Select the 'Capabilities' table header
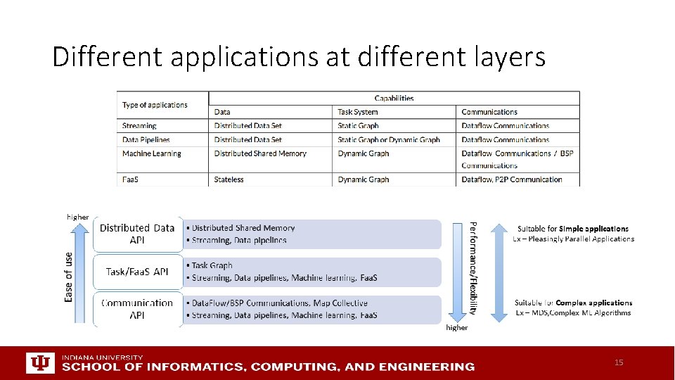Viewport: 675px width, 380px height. [x=394, y=99]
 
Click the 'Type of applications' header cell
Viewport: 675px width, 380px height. [x=155, y=105]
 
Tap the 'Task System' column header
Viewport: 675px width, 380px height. [x=358, y=112]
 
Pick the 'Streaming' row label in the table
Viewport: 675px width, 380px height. [x=139, y=126]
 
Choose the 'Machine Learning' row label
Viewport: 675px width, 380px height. [x=151, y=153]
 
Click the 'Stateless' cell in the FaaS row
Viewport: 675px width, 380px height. [x=229, y=179]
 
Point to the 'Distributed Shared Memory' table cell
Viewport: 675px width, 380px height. [x=260, y=153]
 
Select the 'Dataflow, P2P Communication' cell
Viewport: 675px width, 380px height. [x=512, y=179]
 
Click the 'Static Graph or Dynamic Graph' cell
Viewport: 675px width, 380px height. [x=389, y=139]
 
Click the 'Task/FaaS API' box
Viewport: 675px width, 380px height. [x=137, y=272]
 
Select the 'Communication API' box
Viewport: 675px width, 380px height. [x=137, y=309]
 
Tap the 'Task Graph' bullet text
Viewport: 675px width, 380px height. [x=212, y=265]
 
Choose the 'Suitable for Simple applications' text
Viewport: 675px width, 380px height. [x=572, y=229]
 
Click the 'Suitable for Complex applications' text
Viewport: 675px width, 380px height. [x=572, y=303]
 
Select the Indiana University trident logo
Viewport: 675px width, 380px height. [x=39, y=362]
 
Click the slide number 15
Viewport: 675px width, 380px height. [x=619, y=362]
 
